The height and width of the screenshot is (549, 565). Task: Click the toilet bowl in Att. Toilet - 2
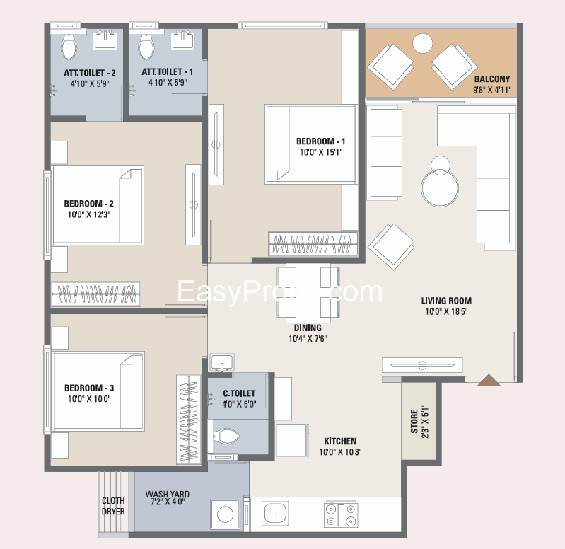(69, 47)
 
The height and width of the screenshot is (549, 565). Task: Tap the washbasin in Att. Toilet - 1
(183, 40)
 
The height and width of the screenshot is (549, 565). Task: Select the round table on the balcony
(422, 43)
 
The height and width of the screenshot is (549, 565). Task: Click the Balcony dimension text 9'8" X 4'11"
(492, 90)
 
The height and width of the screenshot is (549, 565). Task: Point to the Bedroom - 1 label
(320, 141)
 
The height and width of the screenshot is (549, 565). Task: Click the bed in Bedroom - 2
(98, 205)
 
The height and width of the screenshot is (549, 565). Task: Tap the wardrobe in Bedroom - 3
(189, 420)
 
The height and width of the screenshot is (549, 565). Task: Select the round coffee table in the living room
(440, 188)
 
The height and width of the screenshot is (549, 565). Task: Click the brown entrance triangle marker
(489, 381)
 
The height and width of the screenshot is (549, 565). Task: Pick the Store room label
(414, 421)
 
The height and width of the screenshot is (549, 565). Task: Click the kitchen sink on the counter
(275, 513)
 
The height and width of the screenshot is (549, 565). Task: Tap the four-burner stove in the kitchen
(341, 514)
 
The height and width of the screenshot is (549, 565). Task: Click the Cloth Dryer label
(113, 506)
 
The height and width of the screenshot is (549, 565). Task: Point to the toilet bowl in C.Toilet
(226, 437)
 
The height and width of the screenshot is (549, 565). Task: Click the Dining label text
(308, 328)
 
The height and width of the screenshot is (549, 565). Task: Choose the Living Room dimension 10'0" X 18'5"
(446, 311)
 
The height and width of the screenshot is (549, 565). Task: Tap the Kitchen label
(340, 441)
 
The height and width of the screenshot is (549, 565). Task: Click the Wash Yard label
(167, 495)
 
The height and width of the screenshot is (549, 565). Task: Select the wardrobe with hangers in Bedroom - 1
(313, 244)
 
